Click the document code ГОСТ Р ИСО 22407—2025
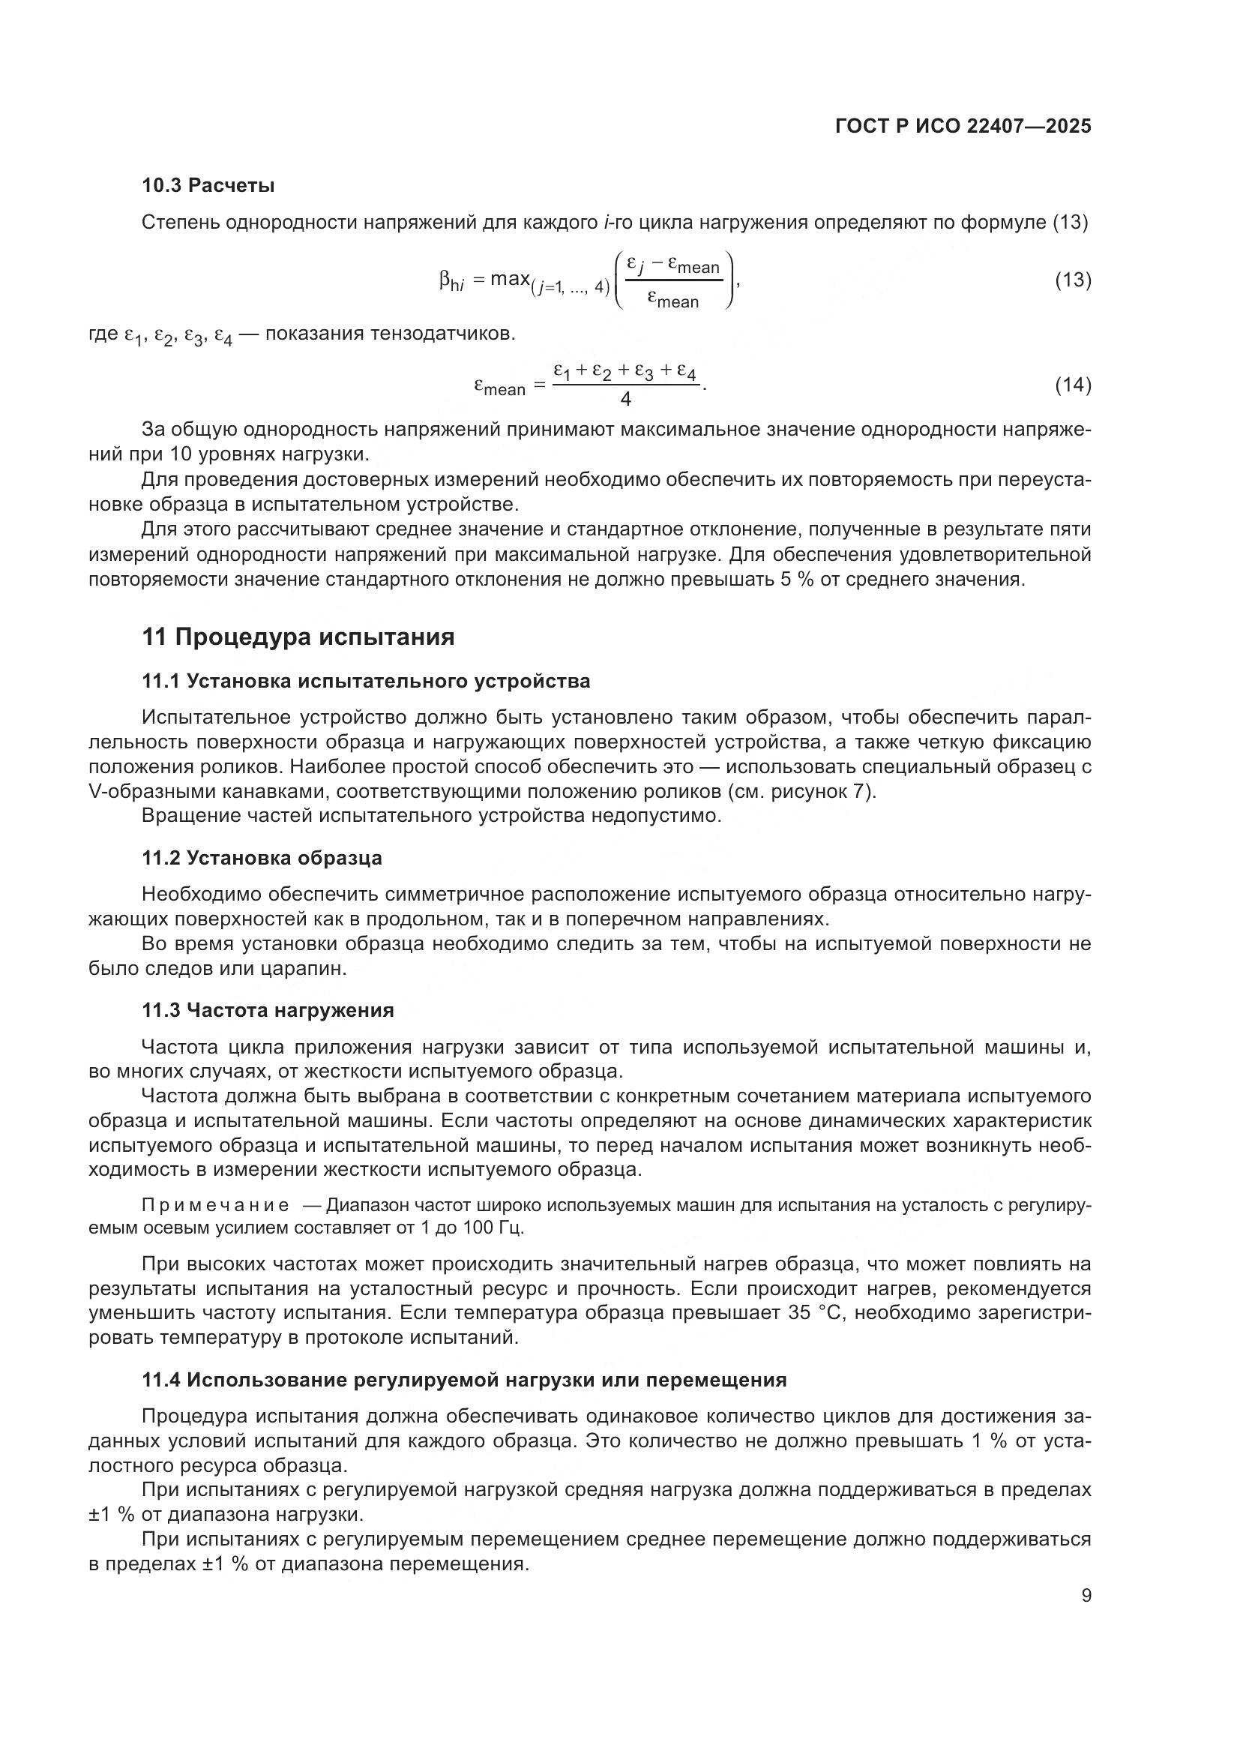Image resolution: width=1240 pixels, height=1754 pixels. [963, 127]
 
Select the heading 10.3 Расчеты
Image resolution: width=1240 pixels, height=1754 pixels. [208, 186]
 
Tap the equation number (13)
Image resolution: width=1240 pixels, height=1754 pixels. [1072, 280]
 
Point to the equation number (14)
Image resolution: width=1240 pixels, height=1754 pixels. [1072, 385]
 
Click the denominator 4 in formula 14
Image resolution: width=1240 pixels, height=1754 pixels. [625, 399]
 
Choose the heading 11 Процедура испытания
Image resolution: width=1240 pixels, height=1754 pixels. [298, 637]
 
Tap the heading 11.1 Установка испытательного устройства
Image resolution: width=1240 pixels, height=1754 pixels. [366, 682]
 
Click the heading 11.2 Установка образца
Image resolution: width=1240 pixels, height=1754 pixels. [262, 859]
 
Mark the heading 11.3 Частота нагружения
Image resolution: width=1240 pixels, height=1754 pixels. [267, 1011]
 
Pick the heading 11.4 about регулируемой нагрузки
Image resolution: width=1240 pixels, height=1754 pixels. [463, 1381]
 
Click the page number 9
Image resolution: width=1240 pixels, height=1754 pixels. [1086, 1596]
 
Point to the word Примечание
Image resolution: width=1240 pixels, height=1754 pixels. [215, 1207]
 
